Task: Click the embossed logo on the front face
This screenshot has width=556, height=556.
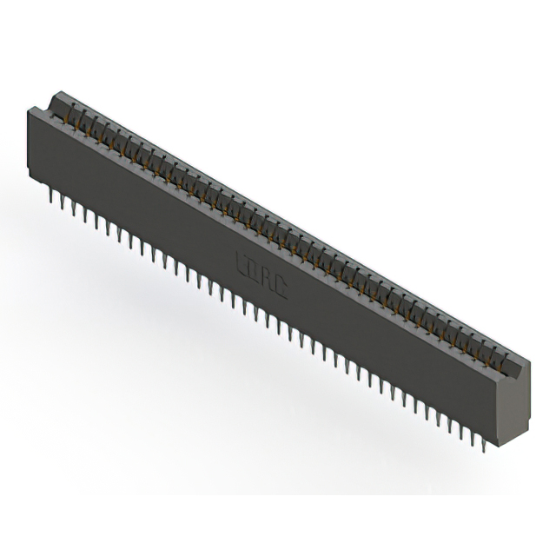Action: (x=261, y=275)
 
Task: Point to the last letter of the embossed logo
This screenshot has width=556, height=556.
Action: (x=281, y=288)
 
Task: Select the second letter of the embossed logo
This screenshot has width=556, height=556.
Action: (x=254, y=269)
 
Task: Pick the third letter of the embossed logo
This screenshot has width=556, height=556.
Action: (x=267, y=278)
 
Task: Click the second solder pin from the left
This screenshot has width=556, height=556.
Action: (x=63, y=206)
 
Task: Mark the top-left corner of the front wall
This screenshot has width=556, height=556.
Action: (x=31, y=108)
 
